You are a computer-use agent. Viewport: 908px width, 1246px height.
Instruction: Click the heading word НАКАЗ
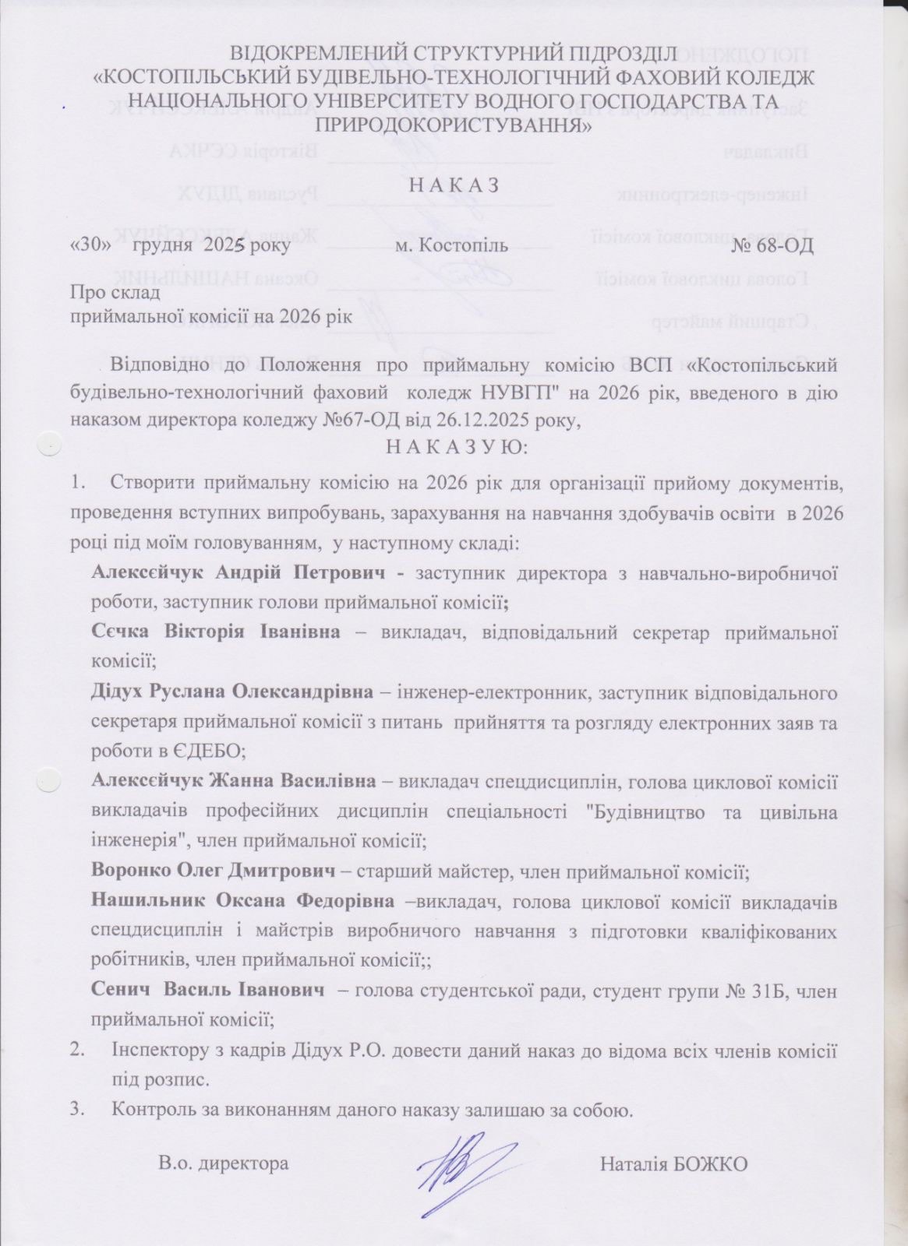point(454,185)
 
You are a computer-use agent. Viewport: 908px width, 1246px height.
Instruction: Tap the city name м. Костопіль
point(452,246)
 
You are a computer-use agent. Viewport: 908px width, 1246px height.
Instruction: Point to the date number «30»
point(87,246)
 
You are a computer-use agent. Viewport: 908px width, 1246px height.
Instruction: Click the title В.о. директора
point(223,1164)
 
